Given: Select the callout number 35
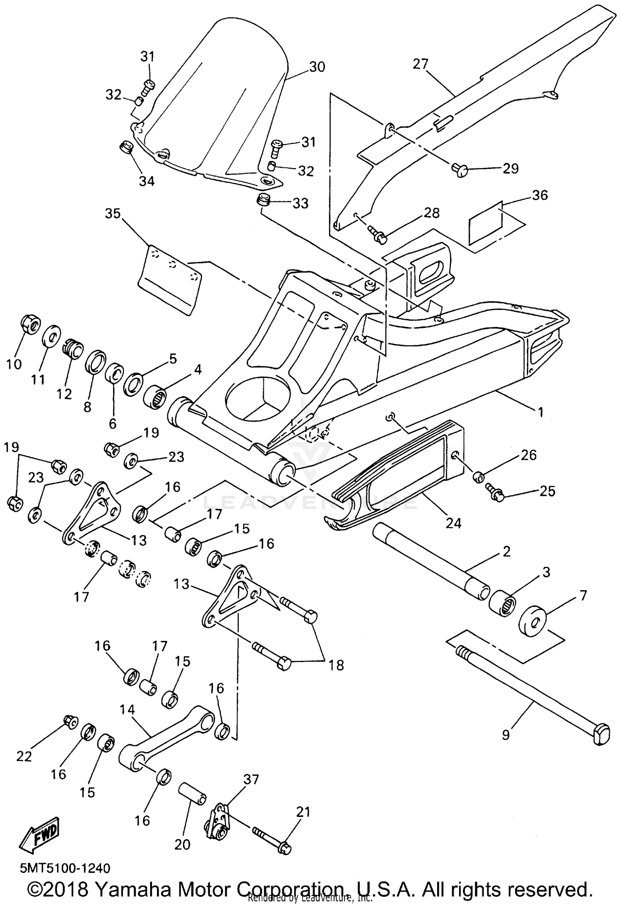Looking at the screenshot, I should click(113, 214).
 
